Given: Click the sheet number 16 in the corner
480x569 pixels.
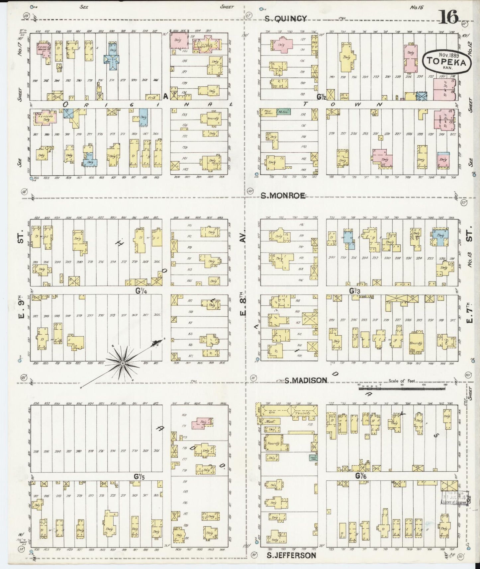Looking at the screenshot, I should click(449, 17).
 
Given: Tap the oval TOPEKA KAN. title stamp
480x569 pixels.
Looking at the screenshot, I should click(446, 62).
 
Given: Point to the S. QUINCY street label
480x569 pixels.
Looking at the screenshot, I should click(285, 19).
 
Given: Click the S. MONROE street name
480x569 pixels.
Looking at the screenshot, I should click(283, 196).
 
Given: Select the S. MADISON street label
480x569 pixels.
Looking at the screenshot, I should click(306, 380).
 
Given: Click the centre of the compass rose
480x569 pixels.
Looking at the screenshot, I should click(123, 364).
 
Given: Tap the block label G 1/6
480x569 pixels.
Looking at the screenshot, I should click(358, 476).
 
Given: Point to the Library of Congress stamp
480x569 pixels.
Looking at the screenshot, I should click(455, 498).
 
